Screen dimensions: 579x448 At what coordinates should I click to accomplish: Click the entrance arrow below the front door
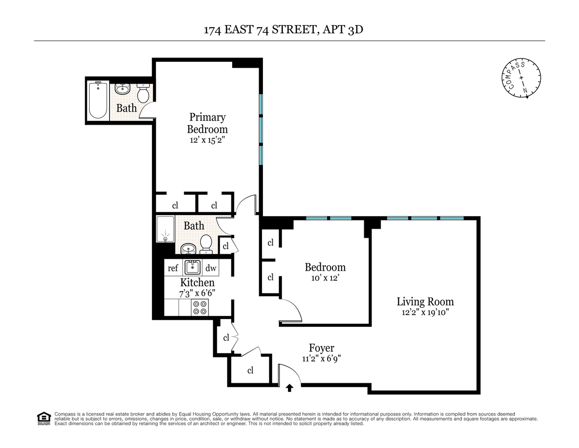point(289,388)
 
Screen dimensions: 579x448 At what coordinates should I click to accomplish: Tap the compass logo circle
point(521,78)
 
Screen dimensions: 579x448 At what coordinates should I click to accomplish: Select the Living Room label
point(425,302)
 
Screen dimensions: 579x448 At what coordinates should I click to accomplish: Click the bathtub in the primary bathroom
point(98,100)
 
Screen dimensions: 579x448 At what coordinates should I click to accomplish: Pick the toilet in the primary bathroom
point(143,93)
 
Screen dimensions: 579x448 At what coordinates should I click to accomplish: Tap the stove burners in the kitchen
point(200,307)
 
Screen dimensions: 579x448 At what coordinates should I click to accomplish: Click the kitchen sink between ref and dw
point(192,268)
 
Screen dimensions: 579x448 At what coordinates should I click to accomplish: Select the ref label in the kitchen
point(173,268)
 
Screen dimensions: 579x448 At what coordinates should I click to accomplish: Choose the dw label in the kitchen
point(211,268)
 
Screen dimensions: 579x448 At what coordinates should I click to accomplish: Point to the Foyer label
point(322,348)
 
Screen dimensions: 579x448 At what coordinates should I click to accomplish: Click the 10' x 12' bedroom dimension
point(325,278)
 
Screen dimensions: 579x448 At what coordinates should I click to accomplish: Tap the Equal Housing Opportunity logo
point(44,419)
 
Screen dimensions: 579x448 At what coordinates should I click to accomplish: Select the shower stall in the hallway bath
point(165,229)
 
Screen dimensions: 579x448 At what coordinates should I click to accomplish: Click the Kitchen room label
point(197,283)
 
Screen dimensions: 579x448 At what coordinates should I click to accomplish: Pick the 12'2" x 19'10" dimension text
point(426,313)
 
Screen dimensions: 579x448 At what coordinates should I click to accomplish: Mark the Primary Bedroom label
point(207,123)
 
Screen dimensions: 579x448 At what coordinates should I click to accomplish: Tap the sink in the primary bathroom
point(122,88)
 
